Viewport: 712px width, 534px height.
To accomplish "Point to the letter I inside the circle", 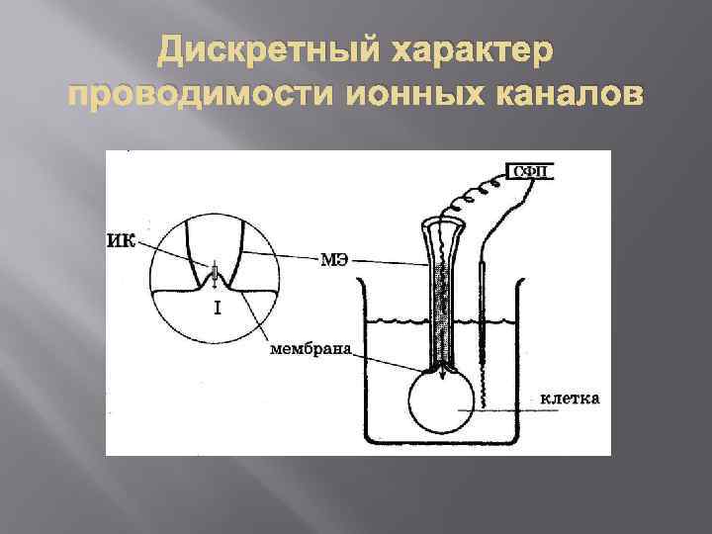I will point(217,308).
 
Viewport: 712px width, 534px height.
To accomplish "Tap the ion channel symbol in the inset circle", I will point(213,273).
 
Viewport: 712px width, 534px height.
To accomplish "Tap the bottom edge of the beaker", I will point(445,441).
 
